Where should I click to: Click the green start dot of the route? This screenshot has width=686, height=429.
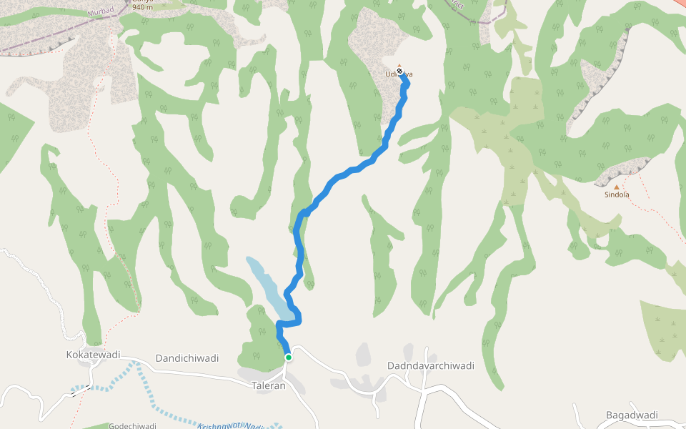[288, 357]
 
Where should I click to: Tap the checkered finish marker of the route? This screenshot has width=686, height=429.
[400, 71]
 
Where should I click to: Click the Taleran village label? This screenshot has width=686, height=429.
[269, 385]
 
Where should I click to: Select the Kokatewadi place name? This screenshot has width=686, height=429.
[93, 355]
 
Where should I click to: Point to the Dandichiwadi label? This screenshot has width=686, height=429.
[187, 357]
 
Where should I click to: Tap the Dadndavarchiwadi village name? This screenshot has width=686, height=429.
[431, 365]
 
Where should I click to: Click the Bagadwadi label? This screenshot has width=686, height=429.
[632, 415]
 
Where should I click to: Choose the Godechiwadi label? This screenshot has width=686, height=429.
[132, 425]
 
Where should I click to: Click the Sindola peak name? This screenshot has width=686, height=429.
[617, 194]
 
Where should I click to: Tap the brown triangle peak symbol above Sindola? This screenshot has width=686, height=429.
[617, 187]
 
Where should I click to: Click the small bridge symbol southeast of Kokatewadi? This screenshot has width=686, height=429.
[81, 390]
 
